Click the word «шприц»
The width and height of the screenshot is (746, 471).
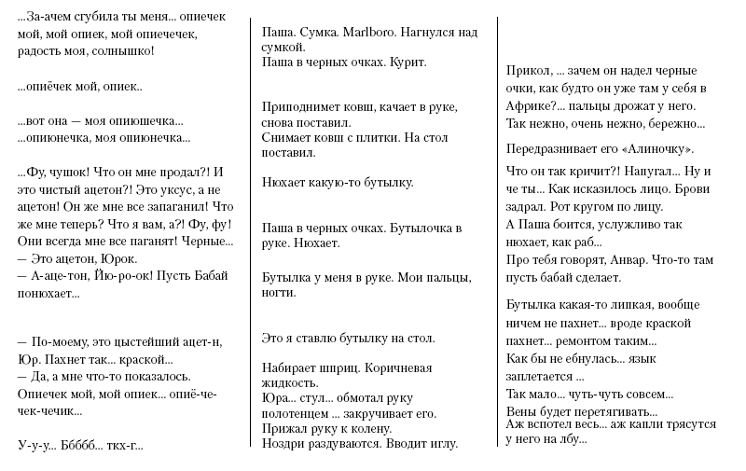click(344, 367)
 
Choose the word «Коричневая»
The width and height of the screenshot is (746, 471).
click(400, 367)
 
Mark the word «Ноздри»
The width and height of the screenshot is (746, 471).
click(283, 443)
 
